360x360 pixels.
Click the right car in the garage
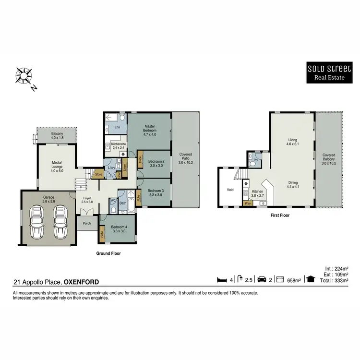60,222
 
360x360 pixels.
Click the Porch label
87,223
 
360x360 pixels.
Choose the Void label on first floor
230,190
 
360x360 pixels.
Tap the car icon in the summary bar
262,280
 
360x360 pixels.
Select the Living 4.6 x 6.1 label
290,141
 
